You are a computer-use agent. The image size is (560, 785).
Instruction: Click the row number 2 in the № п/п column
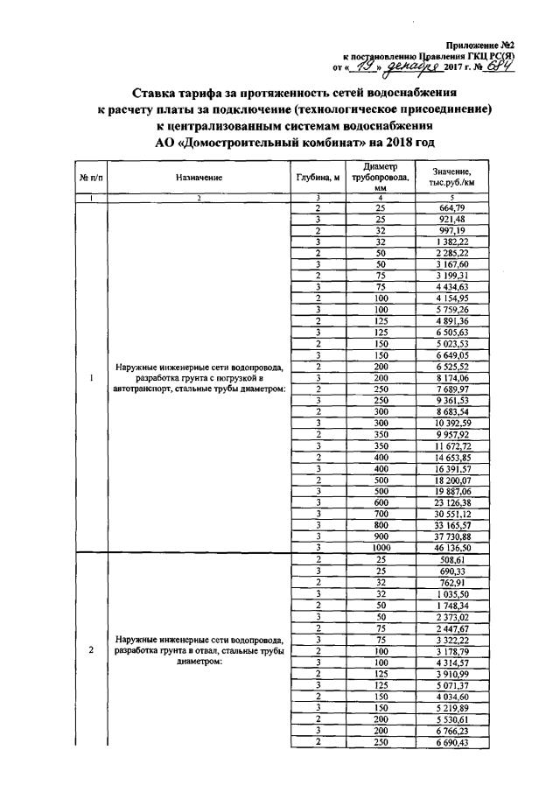[x=92, y=649]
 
